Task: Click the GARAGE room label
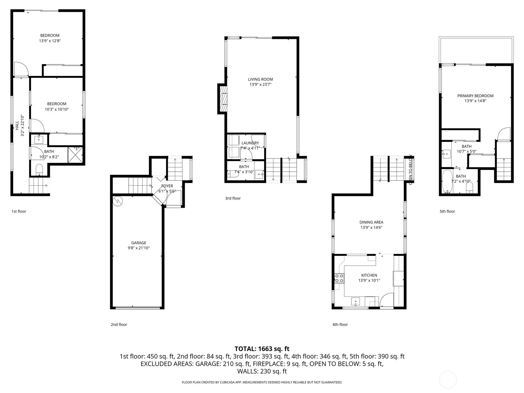click(x=139, y=243)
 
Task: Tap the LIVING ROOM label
click(x=260, y=79)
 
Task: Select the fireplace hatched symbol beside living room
click(x=223, y=99)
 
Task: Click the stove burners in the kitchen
click(x=339, y=278)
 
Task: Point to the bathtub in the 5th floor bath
click(x=446, y=181)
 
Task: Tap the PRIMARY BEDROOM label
click(x=475, y=96)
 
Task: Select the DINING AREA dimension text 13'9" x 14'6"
click(x=371, y=227)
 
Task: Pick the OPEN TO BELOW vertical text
click(x=410, y=170)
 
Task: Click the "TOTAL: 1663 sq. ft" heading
click(x=262, y=349)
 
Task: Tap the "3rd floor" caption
click(x=233, y=198)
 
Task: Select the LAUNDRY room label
click(x=250, y=143)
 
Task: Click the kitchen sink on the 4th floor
click(x=355, y=301)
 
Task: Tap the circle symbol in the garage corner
click(x=117, y=201)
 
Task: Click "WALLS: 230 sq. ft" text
click(x=262, y=371)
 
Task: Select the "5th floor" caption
click(x=447, y=211)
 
